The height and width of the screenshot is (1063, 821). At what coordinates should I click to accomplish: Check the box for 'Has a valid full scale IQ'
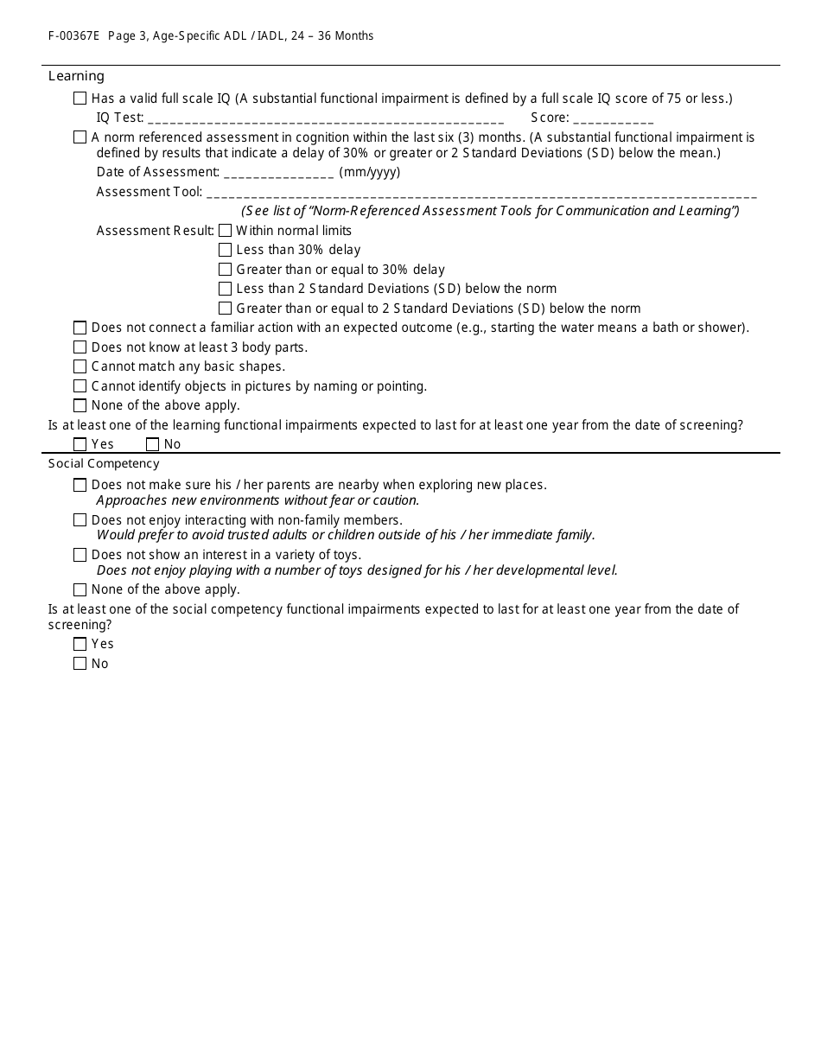pyautogui.click(x=80, y=99)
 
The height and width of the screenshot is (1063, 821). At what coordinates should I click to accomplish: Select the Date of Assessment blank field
pyautogui.click(x=278, y=173)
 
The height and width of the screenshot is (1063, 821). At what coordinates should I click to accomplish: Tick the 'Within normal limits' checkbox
pyautogui.click(x=226, y=231)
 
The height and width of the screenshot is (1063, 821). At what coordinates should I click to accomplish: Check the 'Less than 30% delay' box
pyautogui.click(x=226, y=250)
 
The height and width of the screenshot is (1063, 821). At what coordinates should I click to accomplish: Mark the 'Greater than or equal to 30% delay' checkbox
pyautogui.click(x=226, y=270)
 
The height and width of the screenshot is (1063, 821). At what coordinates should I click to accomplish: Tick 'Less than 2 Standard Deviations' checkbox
pyautogui.click(x=226, y=289)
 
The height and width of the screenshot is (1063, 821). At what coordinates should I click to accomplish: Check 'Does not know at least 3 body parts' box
pyautogui.click(x=80, y=347)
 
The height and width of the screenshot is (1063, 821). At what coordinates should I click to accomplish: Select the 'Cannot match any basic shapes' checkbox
pyautogui.click(x=80, y=366)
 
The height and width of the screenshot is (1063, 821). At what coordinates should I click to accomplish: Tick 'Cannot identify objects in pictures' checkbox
pyautogui.click(x=80, y=386)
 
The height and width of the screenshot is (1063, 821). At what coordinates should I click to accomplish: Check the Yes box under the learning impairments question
pyautogui.click(x=80, y=444)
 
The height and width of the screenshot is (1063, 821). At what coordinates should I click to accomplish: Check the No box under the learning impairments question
pyautogui.click(x=153, y=444)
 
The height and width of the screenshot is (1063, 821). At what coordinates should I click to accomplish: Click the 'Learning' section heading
pyautogui.click(x=76, y=76)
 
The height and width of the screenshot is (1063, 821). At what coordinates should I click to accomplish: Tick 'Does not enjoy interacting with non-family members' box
pyautogui.click(x=80, y=520)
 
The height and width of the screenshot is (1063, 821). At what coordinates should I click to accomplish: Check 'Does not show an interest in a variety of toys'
pyautogui.click(x=80, y=555)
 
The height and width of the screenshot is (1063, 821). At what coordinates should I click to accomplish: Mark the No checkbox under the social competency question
pyautogui.click(x=80, y=664)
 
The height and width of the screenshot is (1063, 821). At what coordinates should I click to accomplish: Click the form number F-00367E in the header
pyautogui.click(x=73, y=36)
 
